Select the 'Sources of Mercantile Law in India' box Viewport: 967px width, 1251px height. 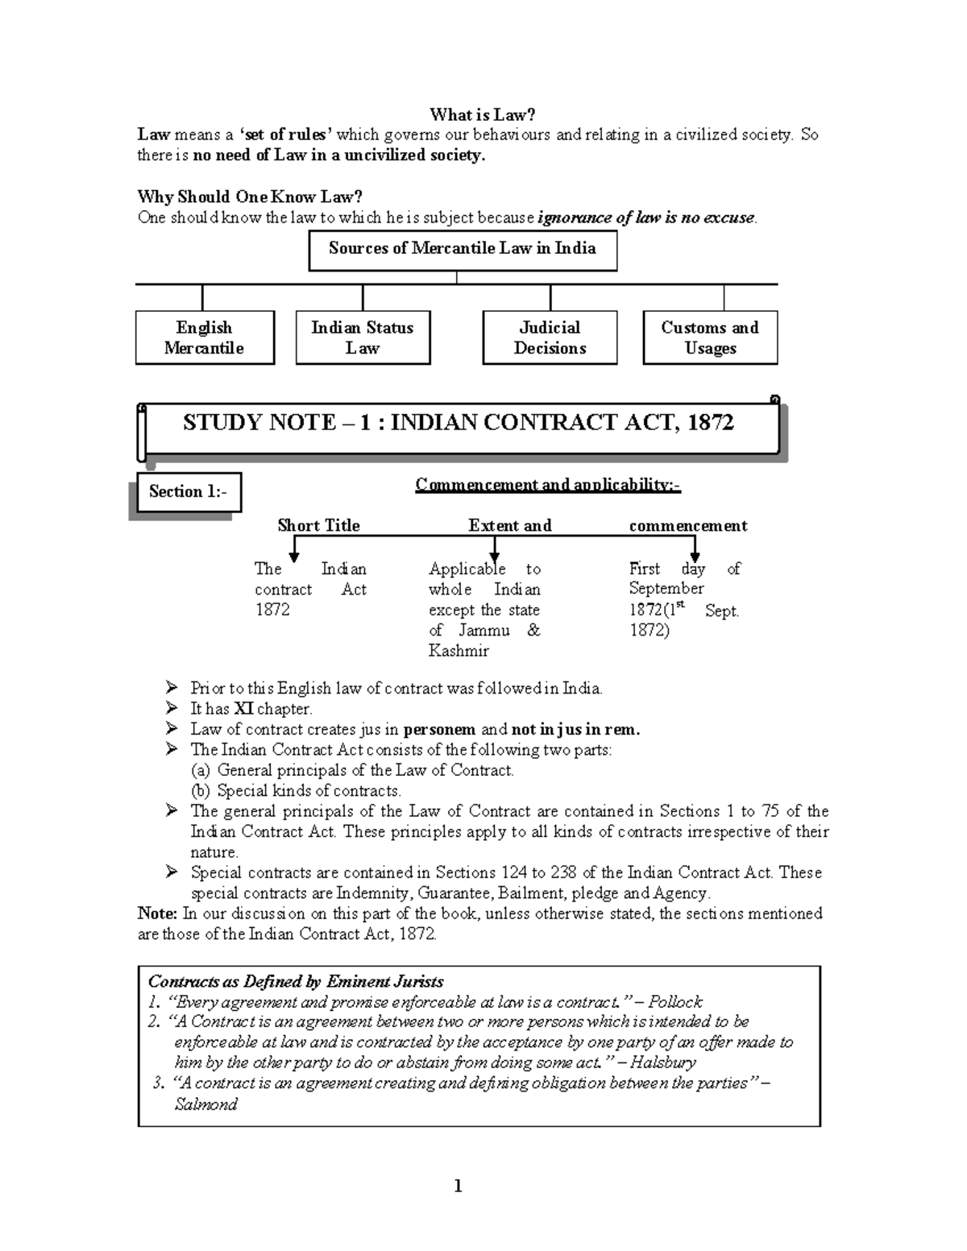pos(463,250)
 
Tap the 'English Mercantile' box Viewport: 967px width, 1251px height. pos(204,338)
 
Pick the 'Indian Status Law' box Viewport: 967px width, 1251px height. pos(363,338)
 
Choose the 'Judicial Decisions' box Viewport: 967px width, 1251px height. pos(550,338)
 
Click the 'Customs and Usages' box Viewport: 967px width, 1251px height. pos(710,338)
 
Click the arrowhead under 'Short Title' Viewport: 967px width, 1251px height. pos(295,555)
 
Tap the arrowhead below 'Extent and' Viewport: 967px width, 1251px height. pos(495,555)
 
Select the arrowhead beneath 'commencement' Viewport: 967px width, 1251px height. pos(694,555)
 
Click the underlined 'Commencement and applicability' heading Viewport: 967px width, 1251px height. pos(548,485)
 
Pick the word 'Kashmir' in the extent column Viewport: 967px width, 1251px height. pos(459,651)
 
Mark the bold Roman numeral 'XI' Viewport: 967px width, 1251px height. pos(243,709)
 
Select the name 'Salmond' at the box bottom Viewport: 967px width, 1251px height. pos(205,1104)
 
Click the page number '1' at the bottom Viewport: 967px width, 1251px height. pos(458,1186)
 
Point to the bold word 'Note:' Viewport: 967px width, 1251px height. pos(157,913)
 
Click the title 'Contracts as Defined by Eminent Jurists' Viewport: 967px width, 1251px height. pos(296,981)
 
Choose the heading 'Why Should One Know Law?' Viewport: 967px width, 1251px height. pos(250,197)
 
